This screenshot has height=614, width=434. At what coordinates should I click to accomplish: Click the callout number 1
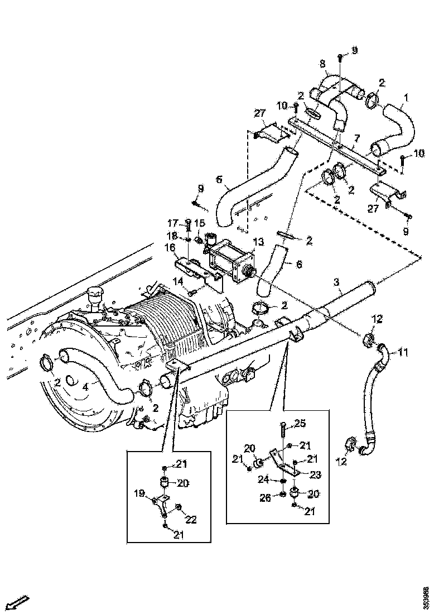(406, 98)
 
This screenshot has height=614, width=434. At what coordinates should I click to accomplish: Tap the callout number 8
(322, 64)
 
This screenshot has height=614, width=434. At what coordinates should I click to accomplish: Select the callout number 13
(258, 241)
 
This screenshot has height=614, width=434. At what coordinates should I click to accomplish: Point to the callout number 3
(337, 284)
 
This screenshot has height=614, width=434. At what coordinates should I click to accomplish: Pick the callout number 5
(219, 180)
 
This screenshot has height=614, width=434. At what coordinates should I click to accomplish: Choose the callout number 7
(357, 138)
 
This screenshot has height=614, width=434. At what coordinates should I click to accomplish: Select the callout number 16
(170, 247)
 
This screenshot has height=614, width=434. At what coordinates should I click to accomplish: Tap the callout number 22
(190, 520)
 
